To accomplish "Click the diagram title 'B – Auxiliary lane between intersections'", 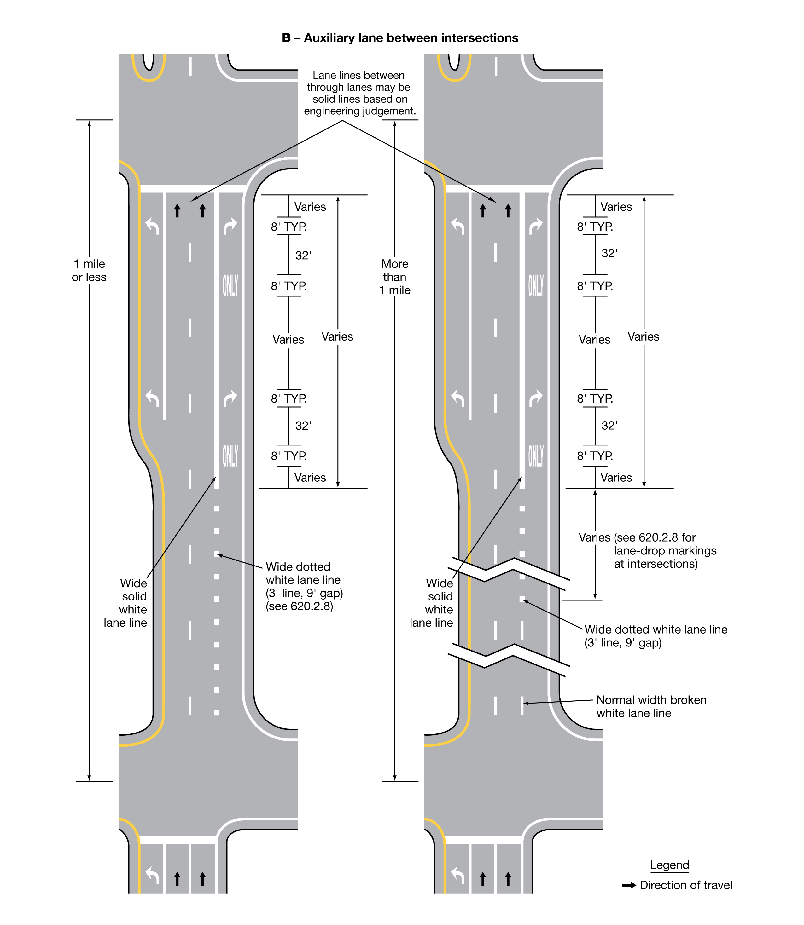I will click(400, 38).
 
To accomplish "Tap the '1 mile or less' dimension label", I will click(89, 270).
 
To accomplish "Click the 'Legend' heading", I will click(669, 865).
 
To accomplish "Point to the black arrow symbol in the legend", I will click(629, 885).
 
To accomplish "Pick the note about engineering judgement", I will click(360, 93).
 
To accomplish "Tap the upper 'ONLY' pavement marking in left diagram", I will click(230, 286).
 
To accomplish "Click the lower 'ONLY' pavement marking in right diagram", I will click(536, 456).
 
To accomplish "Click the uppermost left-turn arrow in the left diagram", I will click(153, 226).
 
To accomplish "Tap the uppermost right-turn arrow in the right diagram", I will click(536, 226).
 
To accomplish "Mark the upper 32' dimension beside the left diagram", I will click(303, 256).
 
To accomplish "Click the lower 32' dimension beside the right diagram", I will click(609, 426).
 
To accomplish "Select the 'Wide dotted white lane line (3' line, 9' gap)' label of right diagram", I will click(655, 636).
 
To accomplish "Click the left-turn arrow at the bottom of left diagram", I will click(153, 875).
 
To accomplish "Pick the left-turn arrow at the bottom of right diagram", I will click(457, 875).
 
